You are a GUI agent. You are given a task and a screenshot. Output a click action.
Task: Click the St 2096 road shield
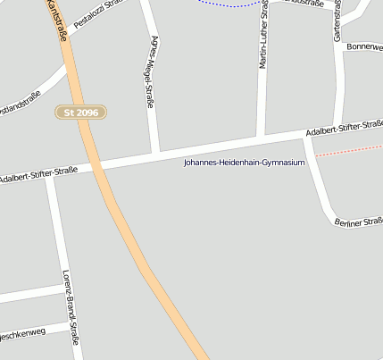tap(81, 113)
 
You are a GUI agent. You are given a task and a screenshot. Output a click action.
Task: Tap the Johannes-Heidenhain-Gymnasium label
tap(244, 163)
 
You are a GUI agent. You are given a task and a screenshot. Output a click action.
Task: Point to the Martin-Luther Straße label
tap(263, 36)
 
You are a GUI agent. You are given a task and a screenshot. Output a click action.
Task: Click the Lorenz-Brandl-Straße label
tap(70, 307)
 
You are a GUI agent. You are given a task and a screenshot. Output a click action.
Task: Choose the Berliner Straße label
tap(357, 221)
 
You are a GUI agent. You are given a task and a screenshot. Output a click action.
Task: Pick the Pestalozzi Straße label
tap(97, 15)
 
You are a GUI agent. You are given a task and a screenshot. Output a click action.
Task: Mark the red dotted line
tap(348, 150)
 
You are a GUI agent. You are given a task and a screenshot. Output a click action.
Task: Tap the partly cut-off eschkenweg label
tap(22, 332)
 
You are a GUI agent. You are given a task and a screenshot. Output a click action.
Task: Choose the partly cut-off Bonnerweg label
tap(364, 46)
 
